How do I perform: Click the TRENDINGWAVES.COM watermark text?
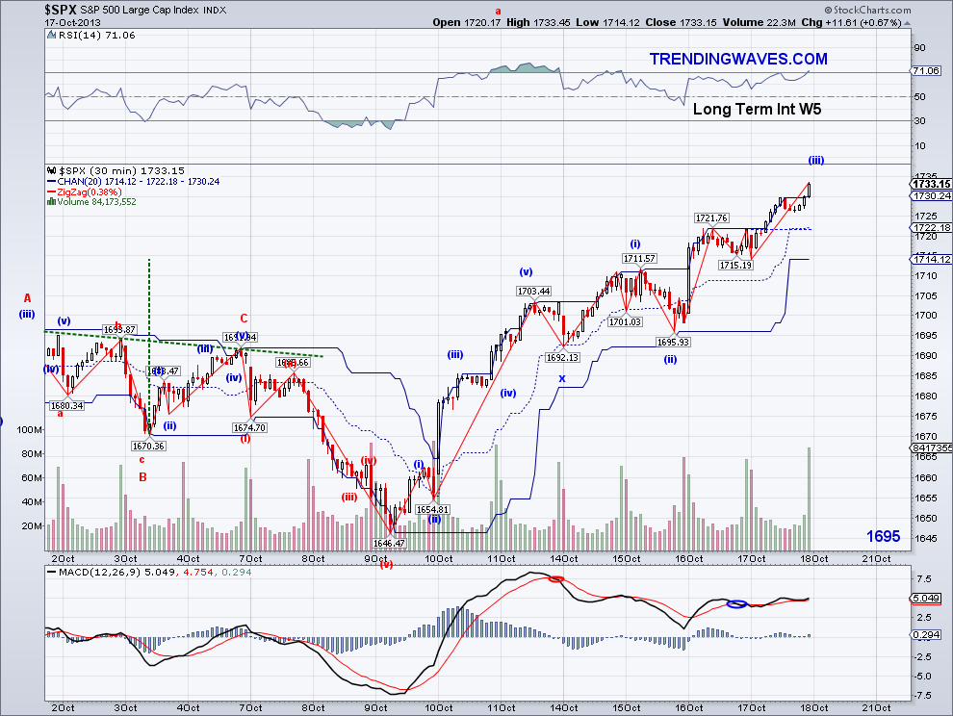coord(738,60)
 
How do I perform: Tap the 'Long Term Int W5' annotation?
coord(757,109)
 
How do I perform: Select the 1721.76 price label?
coord(712,217)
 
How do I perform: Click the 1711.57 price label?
coord(638,258)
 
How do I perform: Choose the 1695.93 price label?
coord(673,342)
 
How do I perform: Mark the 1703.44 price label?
coord(532,291)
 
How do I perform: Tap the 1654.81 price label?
coord(433,508)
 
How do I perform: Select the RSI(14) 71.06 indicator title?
coord(83,34)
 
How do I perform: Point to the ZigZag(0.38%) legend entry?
coord(85,192)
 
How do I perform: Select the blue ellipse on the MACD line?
coord(736,603)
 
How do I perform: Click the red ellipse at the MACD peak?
coord(555,578)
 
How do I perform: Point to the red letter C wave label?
coord(245,318)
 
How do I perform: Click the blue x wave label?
coord(562,378)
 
